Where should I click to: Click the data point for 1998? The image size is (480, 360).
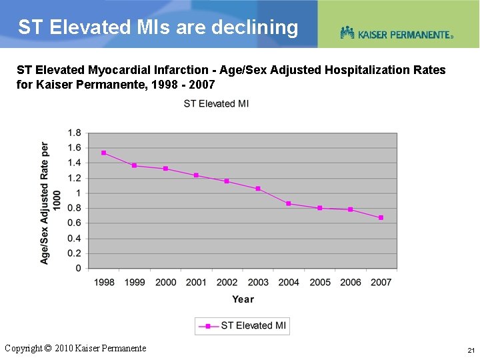(x=104, y=153)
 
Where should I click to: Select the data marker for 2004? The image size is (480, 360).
(x=289, y=203)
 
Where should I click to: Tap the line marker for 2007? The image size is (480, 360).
(x=381, y=217)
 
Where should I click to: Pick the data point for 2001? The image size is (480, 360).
(x=196, y=175)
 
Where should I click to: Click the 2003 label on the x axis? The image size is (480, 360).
(x=258, y=282)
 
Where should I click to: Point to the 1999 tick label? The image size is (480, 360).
(x=135, y=282)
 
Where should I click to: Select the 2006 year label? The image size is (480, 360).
(x=351, y=282)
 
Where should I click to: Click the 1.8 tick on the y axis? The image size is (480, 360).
(x=74, y=133)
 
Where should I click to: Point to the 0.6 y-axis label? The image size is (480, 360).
(x=74, y=223)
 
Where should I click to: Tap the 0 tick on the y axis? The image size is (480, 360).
(x=78, y=269)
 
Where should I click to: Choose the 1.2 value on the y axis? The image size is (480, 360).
(x=74, y=178)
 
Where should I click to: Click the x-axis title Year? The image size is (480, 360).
(x=243, y=299)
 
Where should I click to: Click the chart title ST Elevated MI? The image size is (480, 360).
(x=216, y=103)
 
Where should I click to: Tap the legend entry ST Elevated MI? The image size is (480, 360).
(x=243, y=325)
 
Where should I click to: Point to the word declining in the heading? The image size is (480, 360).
(x=255, y=27)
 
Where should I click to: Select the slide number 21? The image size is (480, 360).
(x=471, y=350)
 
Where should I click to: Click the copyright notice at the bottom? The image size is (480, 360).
(x=75, y=348)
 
